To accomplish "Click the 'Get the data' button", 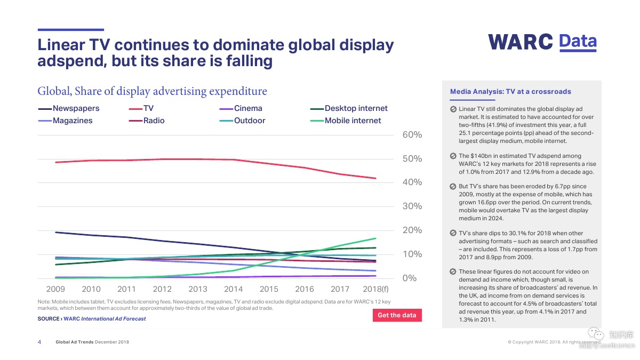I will click(397, 315).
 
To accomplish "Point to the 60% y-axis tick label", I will click(412, 135).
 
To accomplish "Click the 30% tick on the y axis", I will click(412, 206).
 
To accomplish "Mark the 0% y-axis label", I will click(410, 278).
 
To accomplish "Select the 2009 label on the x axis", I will click(55, 289).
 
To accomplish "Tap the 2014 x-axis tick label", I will click(233, 289).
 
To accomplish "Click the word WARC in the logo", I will click(521, 42).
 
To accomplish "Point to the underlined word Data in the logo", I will click(578, 41).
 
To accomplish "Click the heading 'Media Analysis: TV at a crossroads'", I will click(510, 92).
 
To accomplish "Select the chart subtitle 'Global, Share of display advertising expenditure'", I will click(152, 91).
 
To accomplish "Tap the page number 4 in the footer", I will click(39, 342).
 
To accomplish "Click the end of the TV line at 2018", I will click(376, 178).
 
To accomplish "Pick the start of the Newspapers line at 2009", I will click(55, 232).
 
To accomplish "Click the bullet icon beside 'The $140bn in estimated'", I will click(452, 156).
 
